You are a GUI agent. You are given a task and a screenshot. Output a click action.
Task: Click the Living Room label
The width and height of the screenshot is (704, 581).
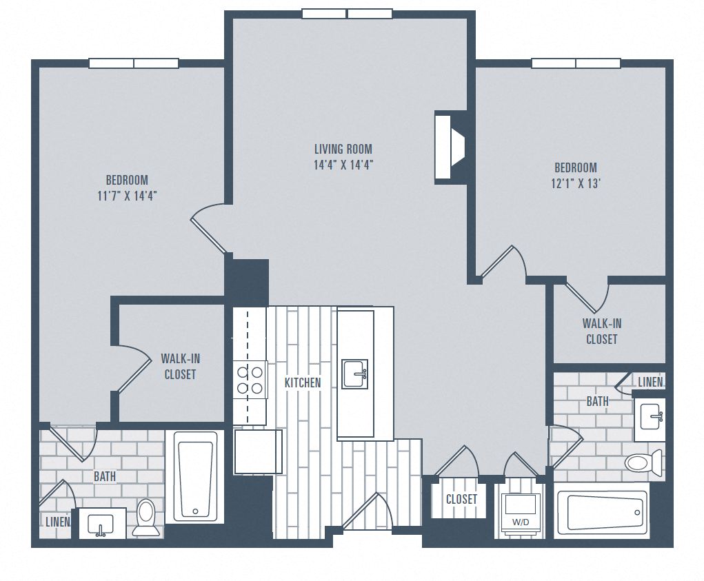pos(343,148)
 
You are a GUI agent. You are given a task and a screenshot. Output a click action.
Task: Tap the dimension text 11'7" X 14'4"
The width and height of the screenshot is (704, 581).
pos(128,195)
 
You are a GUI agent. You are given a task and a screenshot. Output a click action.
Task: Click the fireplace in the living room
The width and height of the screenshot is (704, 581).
pos(449,147)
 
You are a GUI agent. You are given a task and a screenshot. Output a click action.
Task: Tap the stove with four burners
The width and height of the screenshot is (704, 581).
pos(251,379)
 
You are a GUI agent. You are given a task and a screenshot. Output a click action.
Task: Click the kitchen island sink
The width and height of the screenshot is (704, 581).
pos(355,374)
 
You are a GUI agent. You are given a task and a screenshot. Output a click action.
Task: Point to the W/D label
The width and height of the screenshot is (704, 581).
pos(521,523)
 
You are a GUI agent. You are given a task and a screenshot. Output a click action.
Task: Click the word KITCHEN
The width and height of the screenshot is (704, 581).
pos(303,383)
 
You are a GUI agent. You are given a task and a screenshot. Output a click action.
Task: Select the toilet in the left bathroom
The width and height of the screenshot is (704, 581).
pos(145,517)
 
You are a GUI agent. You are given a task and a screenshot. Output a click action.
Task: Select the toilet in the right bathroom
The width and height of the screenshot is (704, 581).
pos(644,462)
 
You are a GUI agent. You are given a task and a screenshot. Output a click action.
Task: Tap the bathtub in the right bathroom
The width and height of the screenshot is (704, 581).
pos(601,512)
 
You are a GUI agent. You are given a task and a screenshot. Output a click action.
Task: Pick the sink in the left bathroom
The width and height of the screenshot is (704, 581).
pos(102,524)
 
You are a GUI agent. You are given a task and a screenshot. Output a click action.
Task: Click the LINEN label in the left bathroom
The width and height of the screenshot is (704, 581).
pos(57,522)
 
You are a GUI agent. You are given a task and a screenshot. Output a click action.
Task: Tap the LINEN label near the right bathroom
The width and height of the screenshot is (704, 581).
pos(650,382)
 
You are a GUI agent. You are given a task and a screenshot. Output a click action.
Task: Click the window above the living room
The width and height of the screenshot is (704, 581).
pos(347,14)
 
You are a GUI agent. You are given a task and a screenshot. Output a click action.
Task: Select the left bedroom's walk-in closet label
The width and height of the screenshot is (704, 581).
pos(180,366)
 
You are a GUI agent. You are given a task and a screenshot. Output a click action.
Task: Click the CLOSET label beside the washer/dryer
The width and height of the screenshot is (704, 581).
pos(461,499)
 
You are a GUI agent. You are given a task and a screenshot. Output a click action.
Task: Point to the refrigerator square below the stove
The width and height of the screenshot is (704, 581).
pos(258,451)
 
